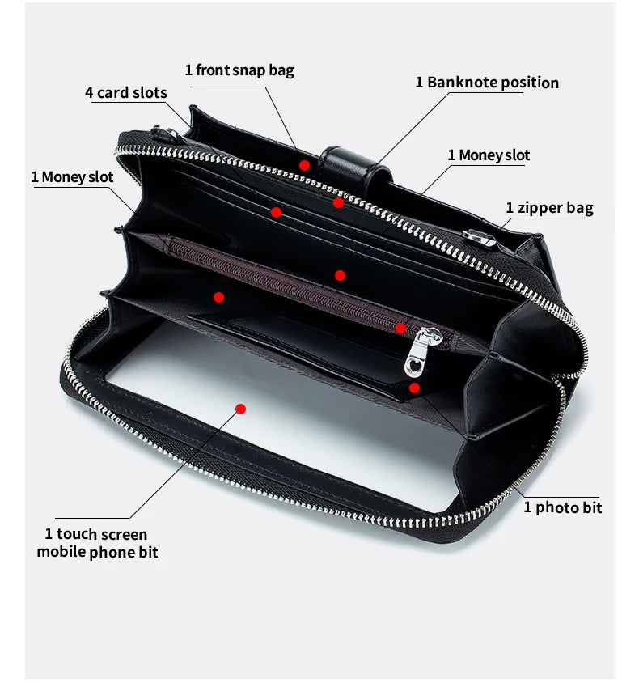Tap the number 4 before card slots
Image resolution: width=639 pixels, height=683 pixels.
(x=89, y=92)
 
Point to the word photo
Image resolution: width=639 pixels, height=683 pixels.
(x=557, y=507)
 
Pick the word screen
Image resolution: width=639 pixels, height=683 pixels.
(x=125, y=534)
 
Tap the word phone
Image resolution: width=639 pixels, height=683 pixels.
(x=115, y=553)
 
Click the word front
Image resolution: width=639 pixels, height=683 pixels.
(x=214, y=70)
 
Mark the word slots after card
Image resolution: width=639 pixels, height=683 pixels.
(x=149, y=92)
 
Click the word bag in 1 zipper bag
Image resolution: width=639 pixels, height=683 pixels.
(x=579, y=208)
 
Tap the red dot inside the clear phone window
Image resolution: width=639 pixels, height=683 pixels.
(x=240, y=409)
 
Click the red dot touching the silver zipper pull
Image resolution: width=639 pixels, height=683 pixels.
(x=400, y=328)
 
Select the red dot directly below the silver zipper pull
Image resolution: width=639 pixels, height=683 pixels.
(x=414, y=388)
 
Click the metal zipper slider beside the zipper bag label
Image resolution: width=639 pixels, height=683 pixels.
(x=480, y=239)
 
